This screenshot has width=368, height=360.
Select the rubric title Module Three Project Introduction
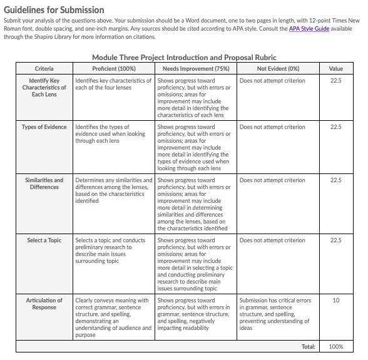184,58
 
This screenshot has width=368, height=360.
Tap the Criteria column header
44,68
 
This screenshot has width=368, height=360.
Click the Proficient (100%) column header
113,68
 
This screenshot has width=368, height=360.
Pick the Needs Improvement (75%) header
195,68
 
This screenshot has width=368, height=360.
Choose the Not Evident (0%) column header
278,68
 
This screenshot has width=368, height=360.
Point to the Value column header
336,68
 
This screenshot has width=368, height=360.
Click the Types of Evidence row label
44,127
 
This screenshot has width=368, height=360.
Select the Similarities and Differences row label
44,184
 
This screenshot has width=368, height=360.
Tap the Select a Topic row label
44,240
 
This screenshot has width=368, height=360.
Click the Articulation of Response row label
44,304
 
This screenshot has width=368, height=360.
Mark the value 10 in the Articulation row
336,301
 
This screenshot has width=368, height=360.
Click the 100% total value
336,346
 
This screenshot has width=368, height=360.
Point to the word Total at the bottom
308,346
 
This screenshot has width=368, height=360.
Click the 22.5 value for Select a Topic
336,240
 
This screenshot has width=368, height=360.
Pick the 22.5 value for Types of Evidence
336,127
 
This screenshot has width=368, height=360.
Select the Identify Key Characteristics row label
44,88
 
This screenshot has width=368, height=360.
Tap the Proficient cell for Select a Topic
113,250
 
